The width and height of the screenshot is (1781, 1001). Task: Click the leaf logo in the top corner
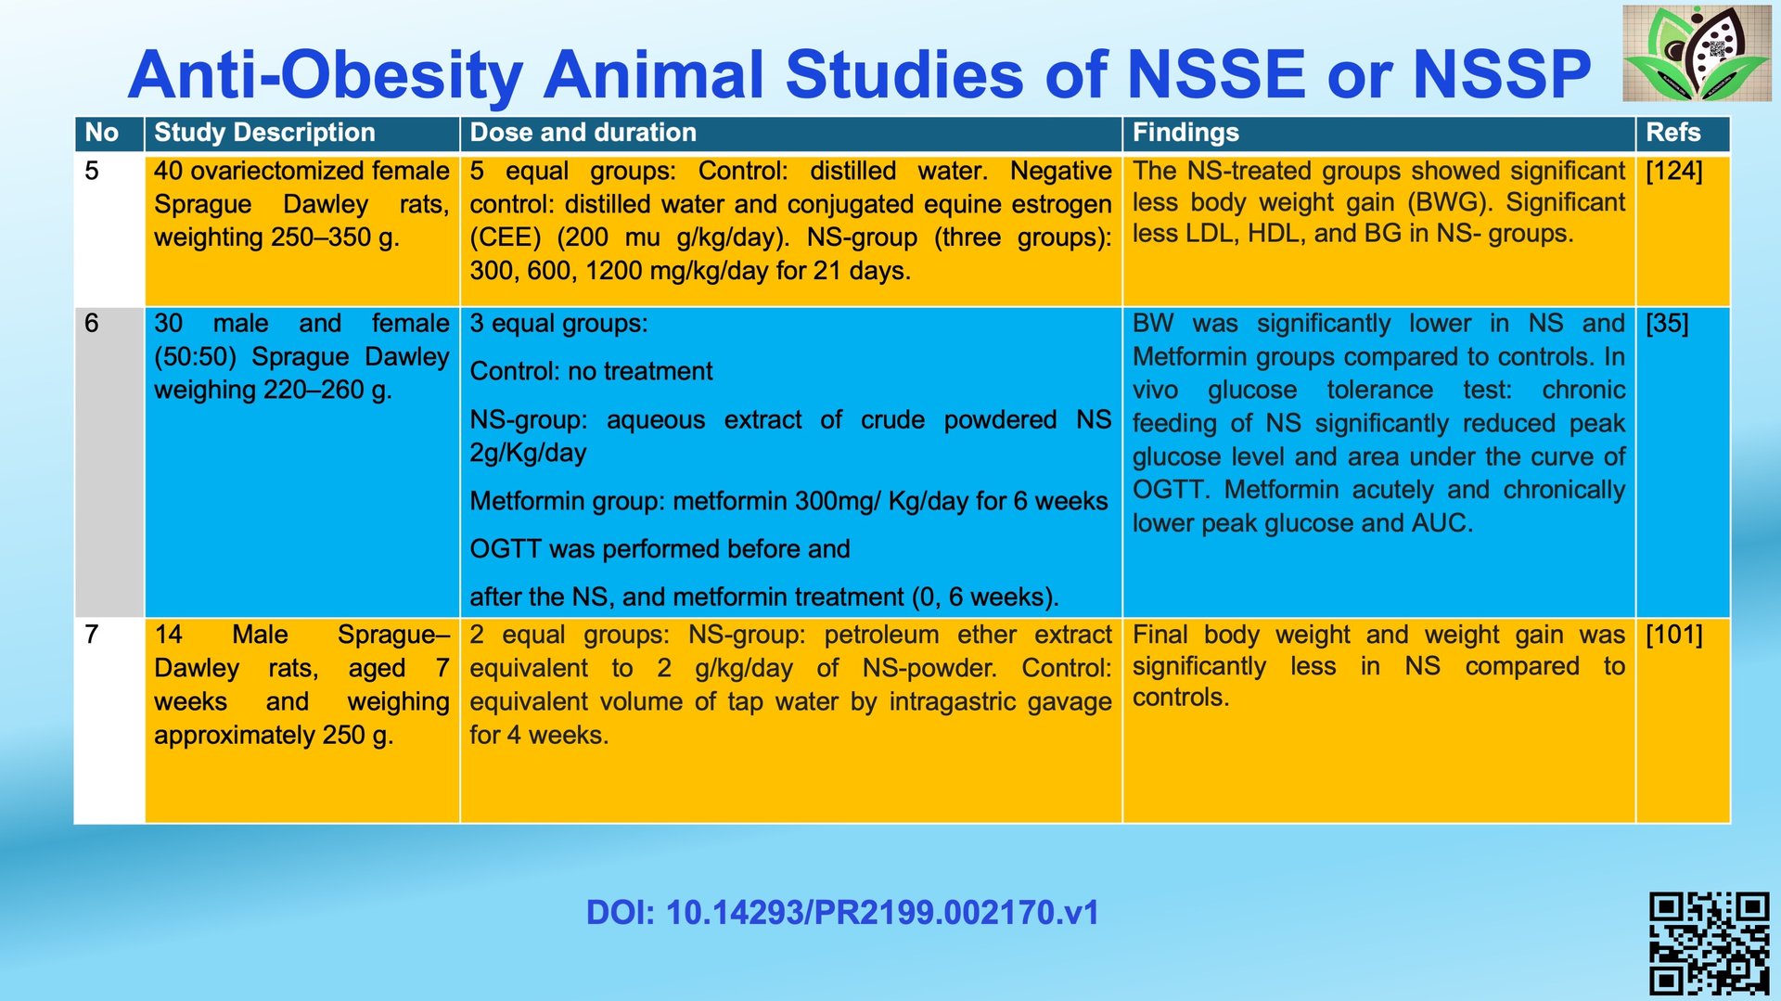[1697, 53]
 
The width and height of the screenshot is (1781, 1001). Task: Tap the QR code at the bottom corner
[1710, 943]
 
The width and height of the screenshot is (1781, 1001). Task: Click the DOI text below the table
[842, 912]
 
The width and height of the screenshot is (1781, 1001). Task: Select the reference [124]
[1674, 171]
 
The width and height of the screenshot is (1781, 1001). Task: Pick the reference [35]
[1667, 323]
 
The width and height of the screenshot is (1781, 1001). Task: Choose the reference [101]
[1674, 635]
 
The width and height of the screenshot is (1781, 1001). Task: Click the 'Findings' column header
[1185, 133]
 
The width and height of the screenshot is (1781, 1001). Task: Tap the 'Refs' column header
[1673, 133]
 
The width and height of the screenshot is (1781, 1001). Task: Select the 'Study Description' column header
[264, 133]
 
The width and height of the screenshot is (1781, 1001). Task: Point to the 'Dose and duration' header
[583, 133]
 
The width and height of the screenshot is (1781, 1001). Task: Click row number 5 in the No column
[91, 171]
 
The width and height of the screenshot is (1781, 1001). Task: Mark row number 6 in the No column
[91, 323]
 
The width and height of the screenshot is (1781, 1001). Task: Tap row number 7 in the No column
[91, 635]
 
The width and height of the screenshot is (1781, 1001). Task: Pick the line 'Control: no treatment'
[591, 371]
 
